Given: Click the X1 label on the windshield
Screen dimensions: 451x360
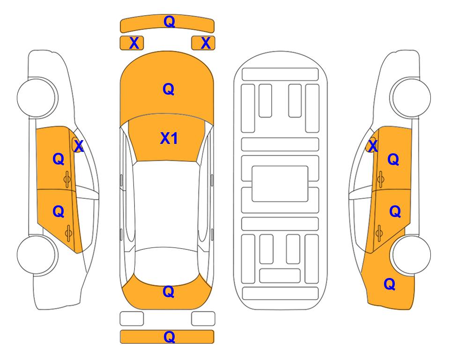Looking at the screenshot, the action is click(169, 138).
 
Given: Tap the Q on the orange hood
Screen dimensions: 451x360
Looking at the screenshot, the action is click(169, 89).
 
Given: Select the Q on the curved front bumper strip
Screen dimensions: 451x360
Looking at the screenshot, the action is click(169, 22).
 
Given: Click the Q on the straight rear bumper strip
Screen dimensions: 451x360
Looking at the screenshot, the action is click(169, 337).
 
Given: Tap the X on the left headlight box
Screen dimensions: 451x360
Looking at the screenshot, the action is click(134, 43).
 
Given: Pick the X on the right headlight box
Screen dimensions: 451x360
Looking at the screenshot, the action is click(206, 43).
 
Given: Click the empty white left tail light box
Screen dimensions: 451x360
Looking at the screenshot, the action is click(132, 319).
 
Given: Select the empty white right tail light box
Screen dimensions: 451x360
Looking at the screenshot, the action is click(203, 319).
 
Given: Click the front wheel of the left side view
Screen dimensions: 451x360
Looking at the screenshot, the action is click(37, 97).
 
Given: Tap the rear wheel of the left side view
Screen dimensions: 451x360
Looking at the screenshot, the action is click(37, 255).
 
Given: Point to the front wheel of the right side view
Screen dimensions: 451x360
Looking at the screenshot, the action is click(411, 97).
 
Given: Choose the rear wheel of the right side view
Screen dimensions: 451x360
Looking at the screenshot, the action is click(411, 255).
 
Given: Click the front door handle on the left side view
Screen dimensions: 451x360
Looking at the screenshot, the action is click(67, 179).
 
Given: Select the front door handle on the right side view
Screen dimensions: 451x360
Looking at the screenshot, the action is click(381, 179).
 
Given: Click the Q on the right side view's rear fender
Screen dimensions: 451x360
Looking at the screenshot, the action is click(390, 284).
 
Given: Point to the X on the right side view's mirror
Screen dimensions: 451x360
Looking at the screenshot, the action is click(372, 146).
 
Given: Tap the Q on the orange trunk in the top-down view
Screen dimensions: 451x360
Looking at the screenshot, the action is click(169, 292).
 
